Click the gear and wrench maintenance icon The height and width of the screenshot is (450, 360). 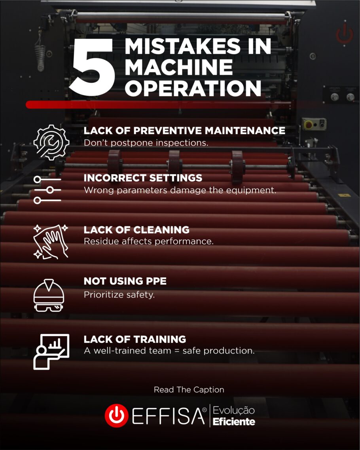click(51, 142)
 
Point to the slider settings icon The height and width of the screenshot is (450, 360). click(47, 190)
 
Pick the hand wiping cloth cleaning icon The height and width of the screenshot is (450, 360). click(51, 241)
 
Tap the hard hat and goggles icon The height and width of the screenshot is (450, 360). click(49, 295)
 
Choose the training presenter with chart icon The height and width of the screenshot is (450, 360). click(51, 351)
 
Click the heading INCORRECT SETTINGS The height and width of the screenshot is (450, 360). click(143, 178)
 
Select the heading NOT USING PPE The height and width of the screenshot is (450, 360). click(125, 281)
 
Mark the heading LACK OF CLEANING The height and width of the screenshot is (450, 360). click(136, 230)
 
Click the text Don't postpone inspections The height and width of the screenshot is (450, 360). click(146, 142)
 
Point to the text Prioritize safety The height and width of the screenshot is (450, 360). click(119, 294)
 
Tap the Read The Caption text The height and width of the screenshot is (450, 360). click(189, 389)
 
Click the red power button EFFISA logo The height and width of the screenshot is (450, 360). click(116, 416)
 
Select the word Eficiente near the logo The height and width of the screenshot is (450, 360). click(234, 422)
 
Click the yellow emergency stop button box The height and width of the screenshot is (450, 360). click(314, 124)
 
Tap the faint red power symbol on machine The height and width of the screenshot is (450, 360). click(345, 34)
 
